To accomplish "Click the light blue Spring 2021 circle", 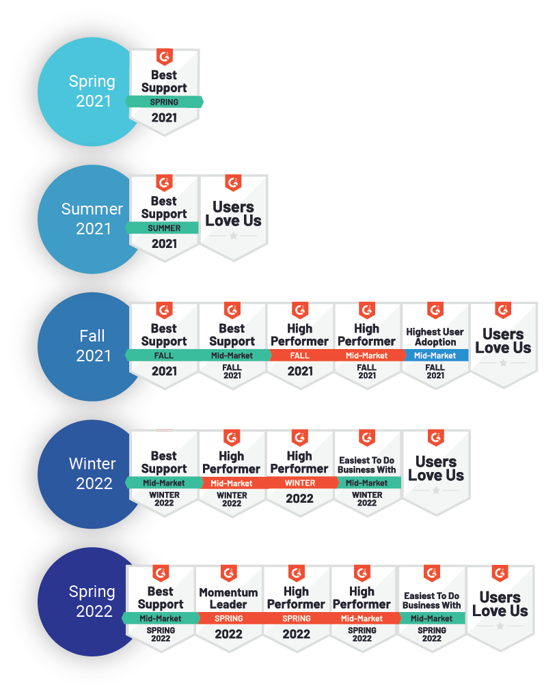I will (92, 92).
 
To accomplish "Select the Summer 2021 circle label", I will (92, 219).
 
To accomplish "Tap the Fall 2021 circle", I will (92, 346).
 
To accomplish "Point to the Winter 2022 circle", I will (92, 473).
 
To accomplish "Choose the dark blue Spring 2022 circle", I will (92, 601).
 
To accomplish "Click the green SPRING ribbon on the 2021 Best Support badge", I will (164, 102).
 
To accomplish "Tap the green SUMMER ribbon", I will (164, 228).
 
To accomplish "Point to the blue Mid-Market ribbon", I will (435, 355).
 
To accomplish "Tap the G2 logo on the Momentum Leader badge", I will (228, 572).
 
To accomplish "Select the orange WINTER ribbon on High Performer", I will (299, 483).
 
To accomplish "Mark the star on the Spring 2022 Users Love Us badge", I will (500, 626).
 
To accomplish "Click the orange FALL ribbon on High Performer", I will (299, 355).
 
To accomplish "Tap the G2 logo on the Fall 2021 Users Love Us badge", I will (503, 309).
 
